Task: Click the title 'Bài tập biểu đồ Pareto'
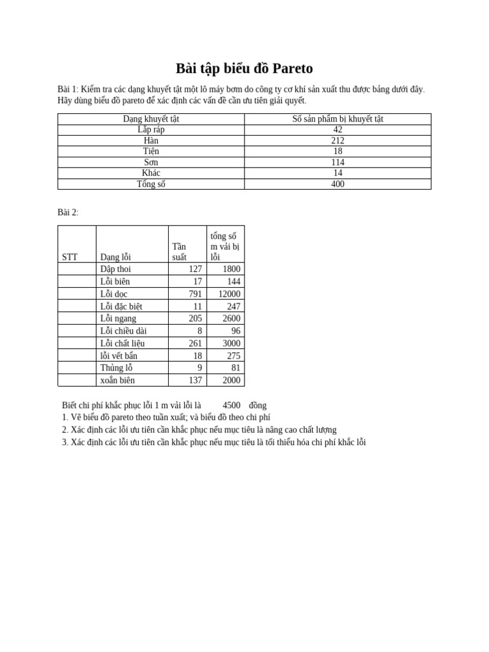244,69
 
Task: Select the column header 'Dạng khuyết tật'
151,119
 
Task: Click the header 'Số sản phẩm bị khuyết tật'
337,119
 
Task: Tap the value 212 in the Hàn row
337,141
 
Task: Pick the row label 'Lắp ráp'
151,130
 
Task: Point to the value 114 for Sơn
337,162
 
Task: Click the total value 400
337,184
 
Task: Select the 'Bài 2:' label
68,213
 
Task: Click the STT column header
70,257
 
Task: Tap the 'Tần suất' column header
180,252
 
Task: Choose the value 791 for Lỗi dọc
195,294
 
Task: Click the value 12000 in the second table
229,294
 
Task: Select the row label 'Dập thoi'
115,269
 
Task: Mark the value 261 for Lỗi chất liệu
195,343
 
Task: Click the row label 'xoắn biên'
117,380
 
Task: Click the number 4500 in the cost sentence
231,406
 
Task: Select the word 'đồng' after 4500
258,406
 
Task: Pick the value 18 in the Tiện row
337,152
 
